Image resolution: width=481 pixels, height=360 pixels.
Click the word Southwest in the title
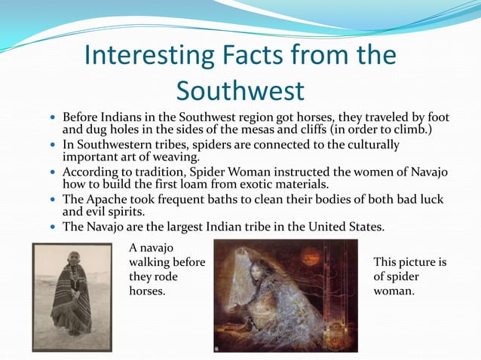(240, 90)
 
